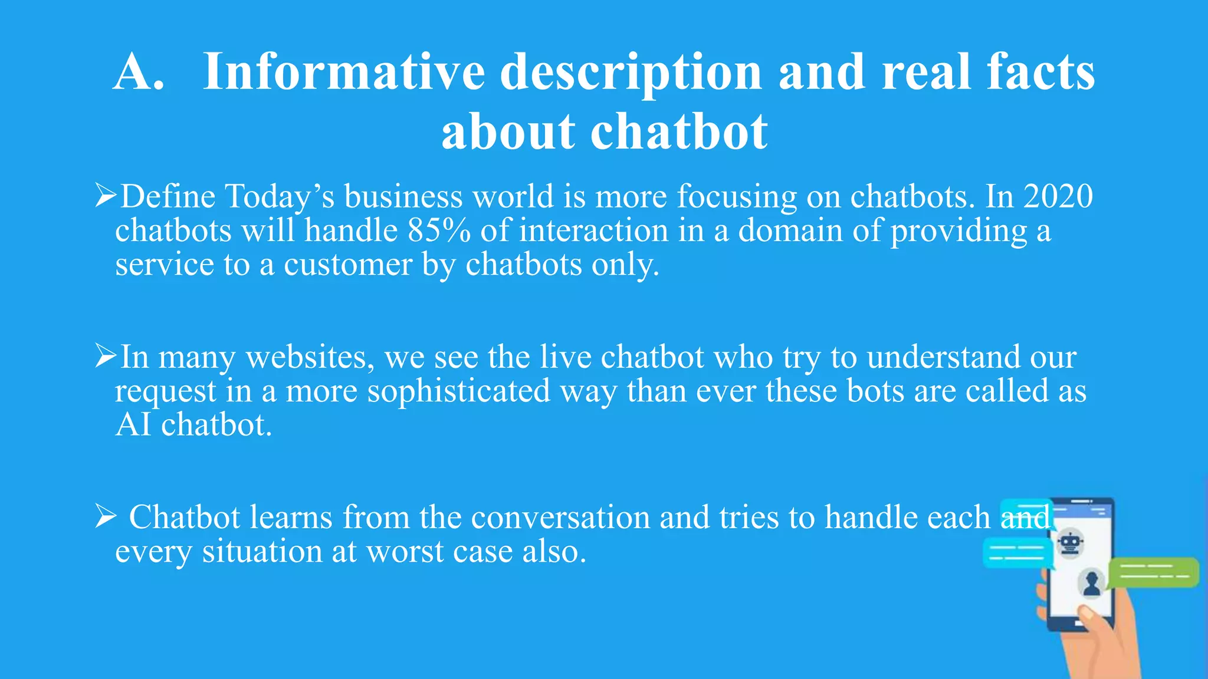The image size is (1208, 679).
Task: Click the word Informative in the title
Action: tap(344, 72)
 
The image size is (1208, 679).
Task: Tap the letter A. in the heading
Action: tap(139, 72)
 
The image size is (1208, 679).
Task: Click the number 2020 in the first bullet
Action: tap(1058, 196)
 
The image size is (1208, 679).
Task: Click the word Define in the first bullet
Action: tap(168, 196)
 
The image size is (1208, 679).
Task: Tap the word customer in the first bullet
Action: tap(348, 265)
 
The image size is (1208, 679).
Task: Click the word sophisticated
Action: tap(459, 391)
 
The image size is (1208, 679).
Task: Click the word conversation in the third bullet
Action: tap(560, 518)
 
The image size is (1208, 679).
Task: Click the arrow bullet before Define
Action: tap(106, 196)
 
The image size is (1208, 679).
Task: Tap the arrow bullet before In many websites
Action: tap(106, 356)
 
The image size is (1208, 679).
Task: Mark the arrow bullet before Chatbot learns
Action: tap(106, 517)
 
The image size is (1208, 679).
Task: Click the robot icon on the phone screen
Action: tap(1069, 543)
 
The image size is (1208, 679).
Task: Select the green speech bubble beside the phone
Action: tap(1153, 572)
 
